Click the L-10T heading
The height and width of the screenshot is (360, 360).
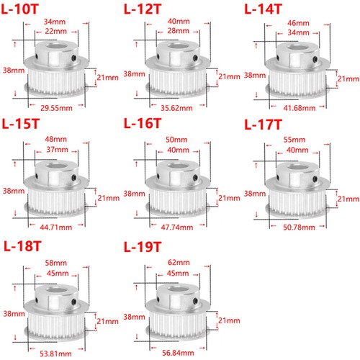pyautogui.click(x=20, y=9)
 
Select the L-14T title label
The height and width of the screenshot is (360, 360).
pyautogui.click(x=263, y=9)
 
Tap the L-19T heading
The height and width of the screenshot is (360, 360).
pyautogui.click(x=143, y=247)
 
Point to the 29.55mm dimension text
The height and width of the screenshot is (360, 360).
pyautogui.click(x=56, y=108)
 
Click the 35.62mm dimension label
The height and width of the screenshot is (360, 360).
pyautogui.click(x=176, y=108)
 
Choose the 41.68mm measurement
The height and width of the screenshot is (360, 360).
pyautogui.click(x=300, y=108)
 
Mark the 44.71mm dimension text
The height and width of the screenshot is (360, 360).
pyautogui.click(x=56, y=227)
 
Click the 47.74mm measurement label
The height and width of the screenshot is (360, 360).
pyautogui.click(x=177, y=227)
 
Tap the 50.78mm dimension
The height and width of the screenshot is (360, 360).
pyautogui.click(x=299, y=227)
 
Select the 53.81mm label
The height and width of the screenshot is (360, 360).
pyautogui.click(x=55, y=354)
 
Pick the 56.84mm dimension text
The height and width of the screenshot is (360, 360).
pyautogui.click(x=178, y=353)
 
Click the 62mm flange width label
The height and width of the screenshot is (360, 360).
pyautogui.click(x=179, y=262)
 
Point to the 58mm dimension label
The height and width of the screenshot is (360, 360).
pyautogui.click(x=56, y=263)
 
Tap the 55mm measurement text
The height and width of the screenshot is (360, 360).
pyautogui.click(x=294, y=140)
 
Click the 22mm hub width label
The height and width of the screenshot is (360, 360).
pyautogui.click(x=55, y=31)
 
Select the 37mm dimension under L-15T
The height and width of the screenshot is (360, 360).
pyautogui.click(x=57, y=150)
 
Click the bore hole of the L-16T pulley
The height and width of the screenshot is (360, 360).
pyautogui.click(x=178, y=166)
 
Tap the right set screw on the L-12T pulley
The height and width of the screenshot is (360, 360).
pyautogui.click(x=196, y=58)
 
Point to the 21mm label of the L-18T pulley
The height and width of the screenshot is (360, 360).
pyautogui.click(x=107, y=321)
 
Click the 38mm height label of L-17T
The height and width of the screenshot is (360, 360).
pyautogui.click(x=255, y=194)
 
